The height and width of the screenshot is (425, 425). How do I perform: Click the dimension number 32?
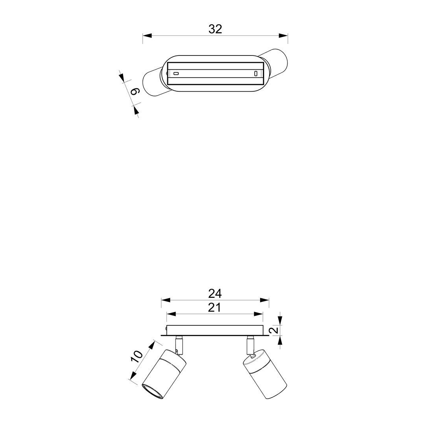coord(215,29)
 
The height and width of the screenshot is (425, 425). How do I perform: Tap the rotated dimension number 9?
coord(135,92)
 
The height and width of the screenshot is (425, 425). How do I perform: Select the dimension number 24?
coord(215,293)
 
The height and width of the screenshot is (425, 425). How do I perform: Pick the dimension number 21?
coord(214,308)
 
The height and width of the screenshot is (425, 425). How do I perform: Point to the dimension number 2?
coord(275,330)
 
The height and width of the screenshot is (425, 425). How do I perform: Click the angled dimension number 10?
coord(137,357)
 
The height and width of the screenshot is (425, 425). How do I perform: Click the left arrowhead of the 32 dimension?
coord(147,35)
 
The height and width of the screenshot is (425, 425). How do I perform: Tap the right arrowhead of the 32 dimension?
coord(283,35)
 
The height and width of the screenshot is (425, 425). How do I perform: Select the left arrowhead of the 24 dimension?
coord(166,300)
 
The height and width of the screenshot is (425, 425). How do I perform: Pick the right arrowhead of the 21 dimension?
coord(258,314)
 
